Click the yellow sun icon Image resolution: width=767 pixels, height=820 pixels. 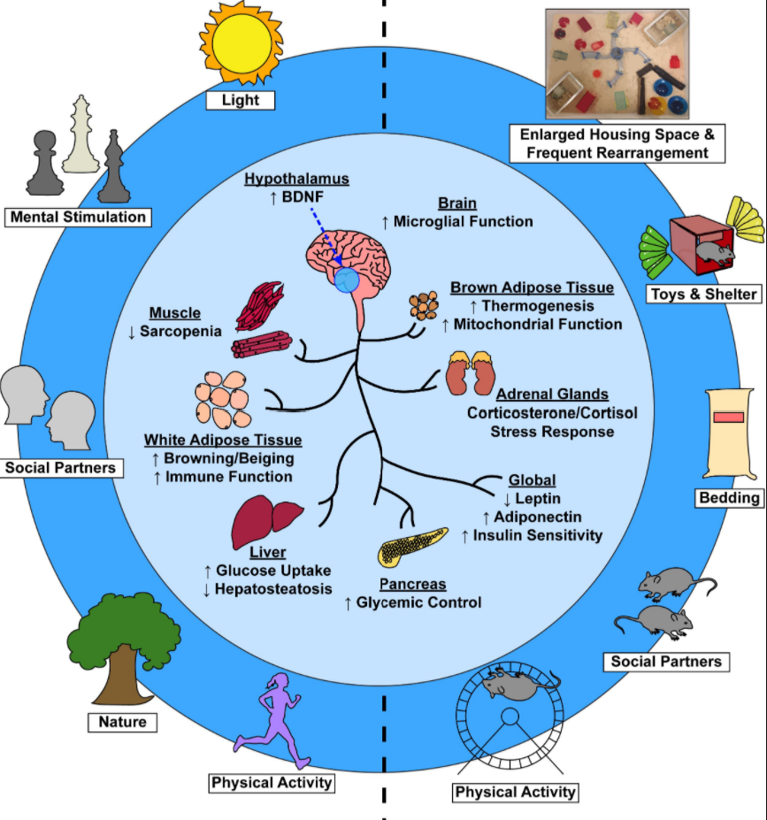[241, 43]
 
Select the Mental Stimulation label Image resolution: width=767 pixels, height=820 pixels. [77, 217]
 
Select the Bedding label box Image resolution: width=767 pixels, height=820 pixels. [729, 497]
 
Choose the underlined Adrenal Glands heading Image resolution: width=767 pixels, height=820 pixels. [552, 394]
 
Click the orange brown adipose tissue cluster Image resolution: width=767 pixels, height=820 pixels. [423, 306]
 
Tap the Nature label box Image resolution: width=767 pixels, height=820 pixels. [122, 722]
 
